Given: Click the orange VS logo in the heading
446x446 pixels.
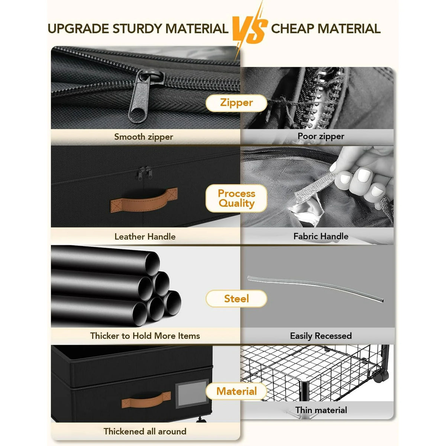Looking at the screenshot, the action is tap(250, 29).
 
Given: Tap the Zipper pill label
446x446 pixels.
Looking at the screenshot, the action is tap(236, 103).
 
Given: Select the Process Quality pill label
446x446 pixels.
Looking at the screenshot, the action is tap(236, 198).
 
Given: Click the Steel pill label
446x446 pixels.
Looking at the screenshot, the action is tap(236, 298).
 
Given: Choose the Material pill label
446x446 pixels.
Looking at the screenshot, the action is tap(236, 391).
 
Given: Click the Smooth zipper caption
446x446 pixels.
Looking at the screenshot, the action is tap(143, 137).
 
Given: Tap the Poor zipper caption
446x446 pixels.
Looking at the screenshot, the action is tap(321, 136).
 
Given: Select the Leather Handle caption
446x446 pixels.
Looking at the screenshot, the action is tap(145, 236).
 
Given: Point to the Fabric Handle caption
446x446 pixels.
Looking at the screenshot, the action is tap(321, 236).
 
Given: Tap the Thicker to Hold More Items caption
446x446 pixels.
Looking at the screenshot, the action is tap(145, 336).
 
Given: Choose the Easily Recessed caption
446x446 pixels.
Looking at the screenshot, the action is tap(321, 336).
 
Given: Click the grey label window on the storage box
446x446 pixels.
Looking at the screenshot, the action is tap(192, 394).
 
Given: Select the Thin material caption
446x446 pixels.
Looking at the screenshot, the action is tap(321, 410).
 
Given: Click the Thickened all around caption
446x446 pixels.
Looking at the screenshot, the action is tap(145, 432).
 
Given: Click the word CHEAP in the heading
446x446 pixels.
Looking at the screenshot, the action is tap(293, 29).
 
